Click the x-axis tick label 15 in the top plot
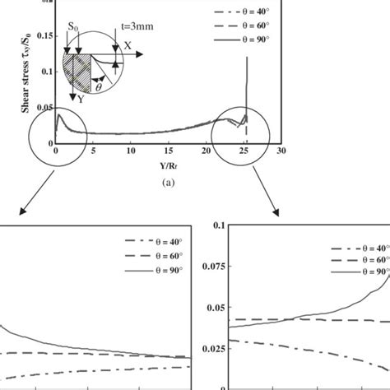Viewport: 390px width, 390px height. click(169, 152)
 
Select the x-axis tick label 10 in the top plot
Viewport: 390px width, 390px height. click(131, 152)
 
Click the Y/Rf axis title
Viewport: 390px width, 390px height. click(168, 163)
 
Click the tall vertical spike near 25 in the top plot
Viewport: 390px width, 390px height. click(247, 82)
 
